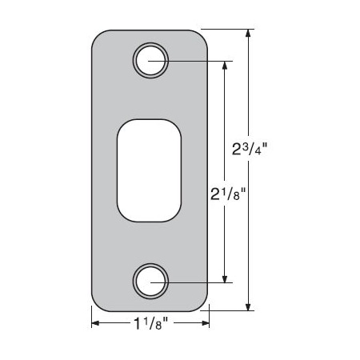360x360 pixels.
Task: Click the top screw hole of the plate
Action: point(150,60)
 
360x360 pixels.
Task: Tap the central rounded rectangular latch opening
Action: point(150,170)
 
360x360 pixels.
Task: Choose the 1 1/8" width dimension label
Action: point(150,323)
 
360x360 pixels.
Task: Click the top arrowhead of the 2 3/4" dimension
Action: point(250,34)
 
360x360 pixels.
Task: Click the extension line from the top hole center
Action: point(192,60)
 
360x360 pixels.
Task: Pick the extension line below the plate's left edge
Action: point(91,318)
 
